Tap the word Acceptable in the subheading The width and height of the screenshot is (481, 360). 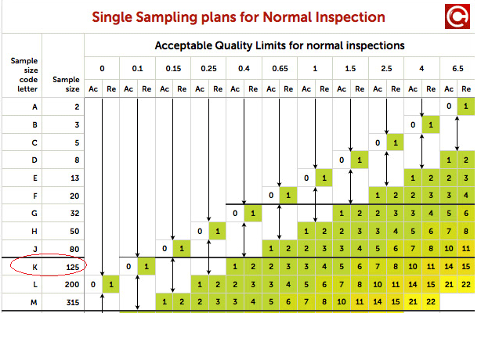191,45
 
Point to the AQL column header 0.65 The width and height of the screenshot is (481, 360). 279,69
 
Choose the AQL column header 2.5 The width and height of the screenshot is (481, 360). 386,69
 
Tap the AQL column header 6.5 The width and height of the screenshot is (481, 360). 457,69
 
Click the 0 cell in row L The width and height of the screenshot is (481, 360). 93,284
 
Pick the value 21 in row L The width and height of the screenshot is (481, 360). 449,284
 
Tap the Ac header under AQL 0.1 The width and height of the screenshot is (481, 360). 129,88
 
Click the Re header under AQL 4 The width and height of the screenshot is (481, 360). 431,88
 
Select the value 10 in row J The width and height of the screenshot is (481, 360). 449,249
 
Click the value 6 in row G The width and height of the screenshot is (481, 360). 467,213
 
